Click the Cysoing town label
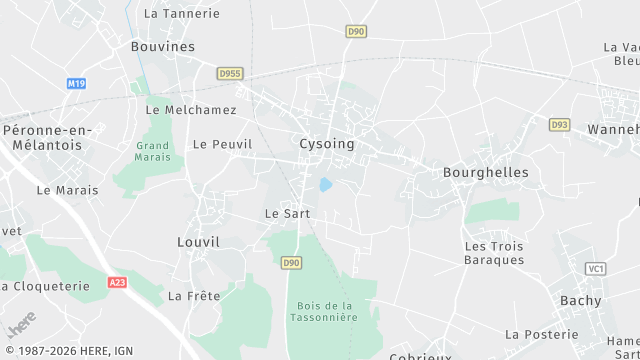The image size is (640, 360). pos(327,144)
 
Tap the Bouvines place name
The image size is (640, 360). pos(163,46)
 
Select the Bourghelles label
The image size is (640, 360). pos(485,172)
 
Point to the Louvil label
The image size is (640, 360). pos(198,242)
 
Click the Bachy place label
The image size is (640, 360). pos(581,300)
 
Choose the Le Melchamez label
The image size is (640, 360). pos(191,109)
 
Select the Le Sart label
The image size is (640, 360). pos(287,214)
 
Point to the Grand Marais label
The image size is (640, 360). pos(154,151)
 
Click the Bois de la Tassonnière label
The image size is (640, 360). pos(326,310)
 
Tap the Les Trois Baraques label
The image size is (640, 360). pos(494,253)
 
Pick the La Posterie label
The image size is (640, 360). pos(542,334)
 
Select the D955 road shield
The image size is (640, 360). pos(231,73)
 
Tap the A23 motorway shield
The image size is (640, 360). pos(118,283)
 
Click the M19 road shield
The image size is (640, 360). pos(77,84)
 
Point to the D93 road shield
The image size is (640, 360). pos(559,124)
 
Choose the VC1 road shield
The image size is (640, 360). pos(597,269)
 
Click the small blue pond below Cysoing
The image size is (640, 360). pos(325,185)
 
